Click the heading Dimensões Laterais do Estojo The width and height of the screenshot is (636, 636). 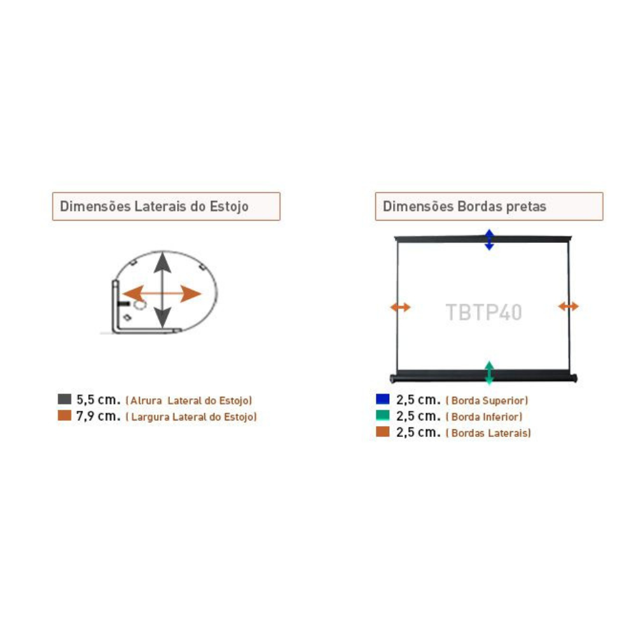154,206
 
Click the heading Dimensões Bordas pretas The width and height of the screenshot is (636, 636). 464,206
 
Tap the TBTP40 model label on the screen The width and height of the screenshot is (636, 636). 484,312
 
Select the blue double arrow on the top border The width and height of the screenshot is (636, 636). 489,240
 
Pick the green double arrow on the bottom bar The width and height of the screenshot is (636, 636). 489,373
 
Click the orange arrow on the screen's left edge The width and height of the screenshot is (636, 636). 400,307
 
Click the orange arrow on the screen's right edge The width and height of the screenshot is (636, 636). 568,307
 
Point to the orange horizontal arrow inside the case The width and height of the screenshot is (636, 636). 162,294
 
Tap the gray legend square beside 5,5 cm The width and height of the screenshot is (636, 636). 64,399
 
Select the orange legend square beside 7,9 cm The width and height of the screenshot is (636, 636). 64,415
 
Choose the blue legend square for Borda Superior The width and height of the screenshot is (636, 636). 382,399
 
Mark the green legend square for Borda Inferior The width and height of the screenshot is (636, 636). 382,415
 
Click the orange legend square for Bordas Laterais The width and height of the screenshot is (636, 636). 382,432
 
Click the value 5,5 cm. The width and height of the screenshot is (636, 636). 99,399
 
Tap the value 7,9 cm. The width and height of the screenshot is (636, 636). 99,416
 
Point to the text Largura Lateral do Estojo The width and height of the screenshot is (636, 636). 192,417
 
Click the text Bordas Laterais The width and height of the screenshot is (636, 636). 490,432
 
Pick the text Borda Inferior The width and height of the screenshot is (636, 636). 486,417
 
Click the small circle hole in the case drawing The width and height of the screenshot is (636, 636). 140,304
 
